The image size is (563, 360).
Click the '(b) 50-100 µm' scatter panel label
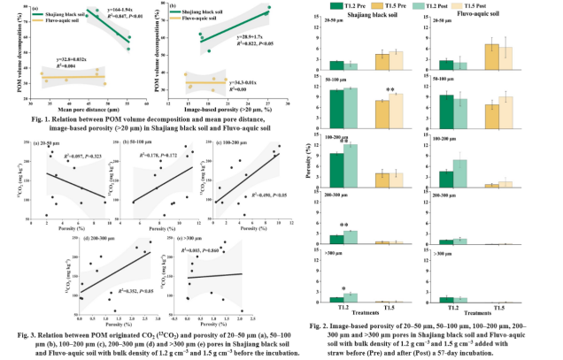[x=145, y=141]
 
